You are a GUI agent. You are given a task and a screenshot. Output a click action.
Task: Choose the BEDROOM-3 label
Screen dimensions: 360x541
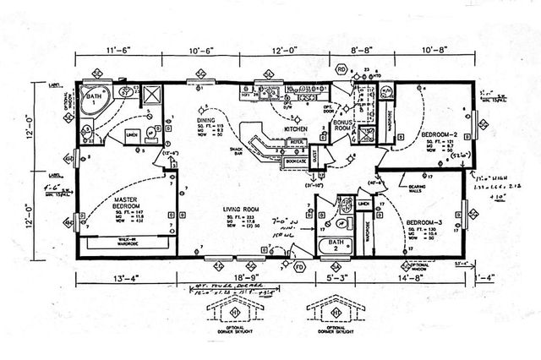pyautogui.click(x=428, y=222)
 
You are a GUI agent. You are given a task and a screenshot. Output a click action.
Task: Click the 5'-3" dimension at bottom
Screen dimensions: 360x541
pyautogui.click(x=328, y=276)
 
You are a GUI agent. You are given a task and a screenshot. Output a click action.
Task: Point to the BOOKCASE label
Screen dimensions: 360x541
pyautogui.click(x=295, y=159)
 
